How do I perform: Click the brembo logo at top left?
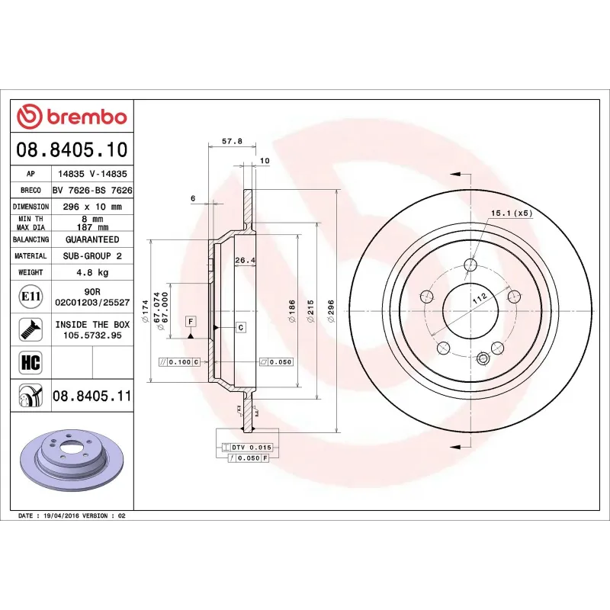[72, 117]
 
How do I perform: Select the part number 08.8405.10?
[72, 149]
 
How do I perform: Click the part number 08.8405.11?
[92, 396]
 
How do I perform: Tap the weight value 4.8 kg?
[92, 272]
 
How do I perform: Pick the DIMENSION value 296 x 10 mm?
[92, 207]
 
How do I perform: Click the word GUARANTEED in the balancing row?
[92, 239]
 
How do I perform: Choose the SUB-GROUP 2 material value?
[92, 256]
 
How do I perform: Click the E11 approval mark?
[30, 296]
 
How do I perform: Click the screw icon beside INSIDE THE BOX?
[30, 329]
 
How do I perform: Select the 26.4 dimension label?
[243, 261]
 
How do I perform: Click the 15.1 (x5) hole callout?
[511, 213]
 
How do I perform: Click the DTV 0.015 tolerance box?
[252, 447]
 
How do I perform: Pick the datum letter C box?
[240, 327]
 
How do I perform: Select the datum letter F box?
[191, 320]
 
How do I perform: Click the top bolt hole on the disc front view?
[470, 265]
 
